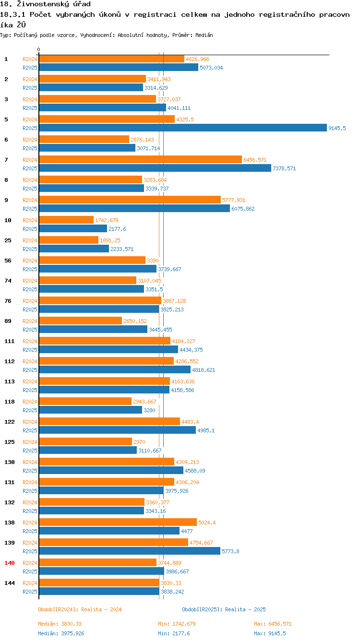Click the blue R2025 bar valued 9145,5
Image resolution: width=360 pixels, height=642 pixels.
point(182,128)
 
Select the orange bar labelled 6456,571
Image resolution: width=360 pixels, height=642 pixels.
point(140,159)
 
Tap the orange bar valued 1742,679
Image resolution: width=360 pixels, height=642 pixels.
point(66,220)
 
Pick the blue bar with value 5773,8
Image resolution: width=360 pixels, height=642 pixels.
point(129,551)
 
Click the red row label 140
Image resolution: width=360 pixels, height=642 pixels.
point(9,562)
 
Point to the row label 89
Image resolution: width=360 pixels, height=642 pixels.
point(8,321)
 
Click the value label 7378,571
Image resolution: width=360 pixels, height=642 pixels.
point(284,168)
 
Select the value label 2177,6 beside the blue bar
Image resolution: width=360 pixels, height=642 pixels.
point(117,229)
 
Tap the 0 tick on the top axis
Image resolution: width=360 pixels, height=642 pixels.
point(39,49)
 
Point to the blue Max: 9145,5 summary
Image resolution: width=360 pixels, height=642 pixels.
point(270,633)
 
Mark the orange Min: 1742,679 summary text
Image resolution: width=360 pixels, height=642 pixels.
point(177,624)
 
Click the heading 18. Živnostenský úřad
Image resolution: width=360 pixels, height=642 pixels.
point(45,4)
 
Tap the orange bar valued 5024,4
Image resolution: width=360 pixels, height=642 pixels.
point(118,522)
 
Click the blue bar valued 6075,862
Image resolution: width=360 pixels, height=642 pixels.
point(134,208)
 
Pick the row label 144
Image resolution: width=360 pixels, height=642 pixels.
point(9,583)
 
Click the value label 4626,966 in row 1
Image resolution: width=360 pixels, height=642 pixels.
point(197,59)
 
